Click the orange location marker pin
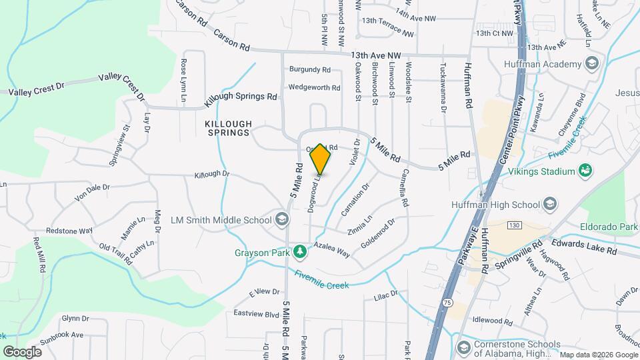[x=321, y=159]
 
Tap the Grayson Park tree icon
[x=301, y=251]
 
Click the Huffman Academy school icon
[x=591, y=64]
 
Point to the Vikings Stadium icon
[x=585, y=171]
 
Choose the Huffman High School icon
[x=551, y=203]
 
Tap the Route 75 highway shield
[x=446, y=303]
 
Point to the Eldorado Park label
[x=609, y=227]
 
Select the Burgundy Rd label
[x=309, y=69]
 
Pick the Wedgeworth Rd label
[x=314, y=87]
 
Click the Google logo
[x=22, y=351]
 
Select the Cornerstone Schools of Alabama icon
[x=463, y=347]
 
